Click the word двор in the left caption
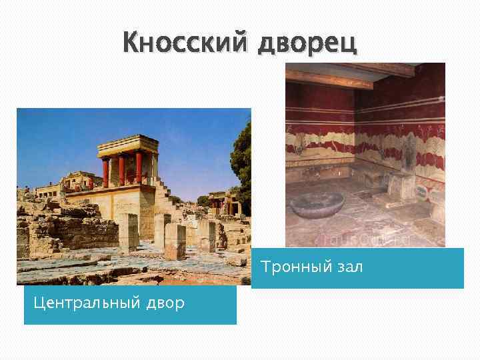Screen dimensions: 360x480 (x=163, y=303)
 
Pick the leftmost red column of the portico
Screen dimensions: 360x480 (x=105, y=171)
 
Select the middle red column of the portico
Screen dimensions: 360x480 (x=121, y=170)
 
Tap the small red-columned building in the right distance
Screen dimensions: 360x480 (x=219, y=200)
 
